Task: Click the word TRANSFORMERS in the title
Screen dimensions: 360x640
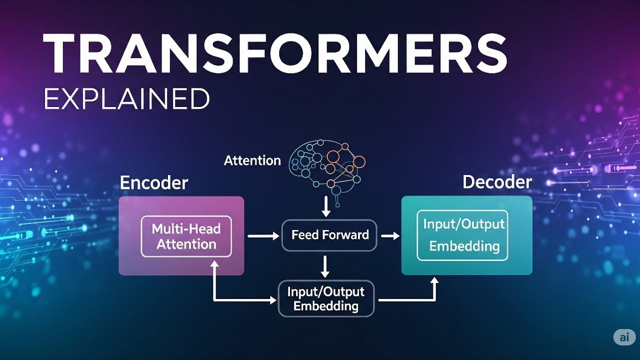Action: pos(275,53)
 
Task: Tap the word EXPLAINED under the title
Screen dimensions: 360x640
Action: pos(126,98)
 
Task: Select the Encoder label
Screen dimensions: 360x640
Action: pos(154,183)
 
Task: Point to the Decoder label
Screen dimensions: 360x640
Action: pos(497,182)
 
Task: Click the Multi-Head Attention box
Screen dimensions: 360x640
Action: pos(186,236)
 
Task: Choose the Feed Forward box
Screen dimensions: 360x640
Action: pos(329,235)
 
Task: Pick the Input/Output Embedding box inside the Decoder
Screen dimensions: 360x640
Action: pos(462,235)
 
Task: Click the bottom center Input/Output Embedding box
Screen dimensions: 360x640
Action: pos(326,298)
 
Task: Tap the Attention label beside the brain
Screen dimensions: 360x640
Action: pos(252,160)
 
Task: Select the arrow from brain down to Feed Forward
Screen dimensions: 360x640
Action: pos(326,207)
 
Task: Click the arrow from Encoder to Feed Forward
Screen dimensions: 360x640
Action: pos(263,235)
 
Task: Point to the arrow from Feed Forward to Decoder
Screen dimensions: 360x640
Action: pos(390,235)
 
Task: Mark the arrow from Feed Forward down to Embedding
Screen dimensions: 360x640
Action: pos(325,266)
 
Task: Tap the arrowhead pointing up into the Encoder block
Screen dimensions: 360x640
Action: pos(214,265)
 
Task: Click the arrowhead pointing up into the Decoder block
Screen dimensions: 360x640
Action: pos(434,282)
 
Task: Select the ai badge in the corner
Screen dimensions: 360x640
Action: pos(624,337)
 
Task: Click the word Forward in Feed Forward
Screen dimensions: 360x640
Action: pos(345,235)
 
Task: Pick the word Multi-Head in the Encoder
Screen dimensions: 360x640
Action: pos(186,229)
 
